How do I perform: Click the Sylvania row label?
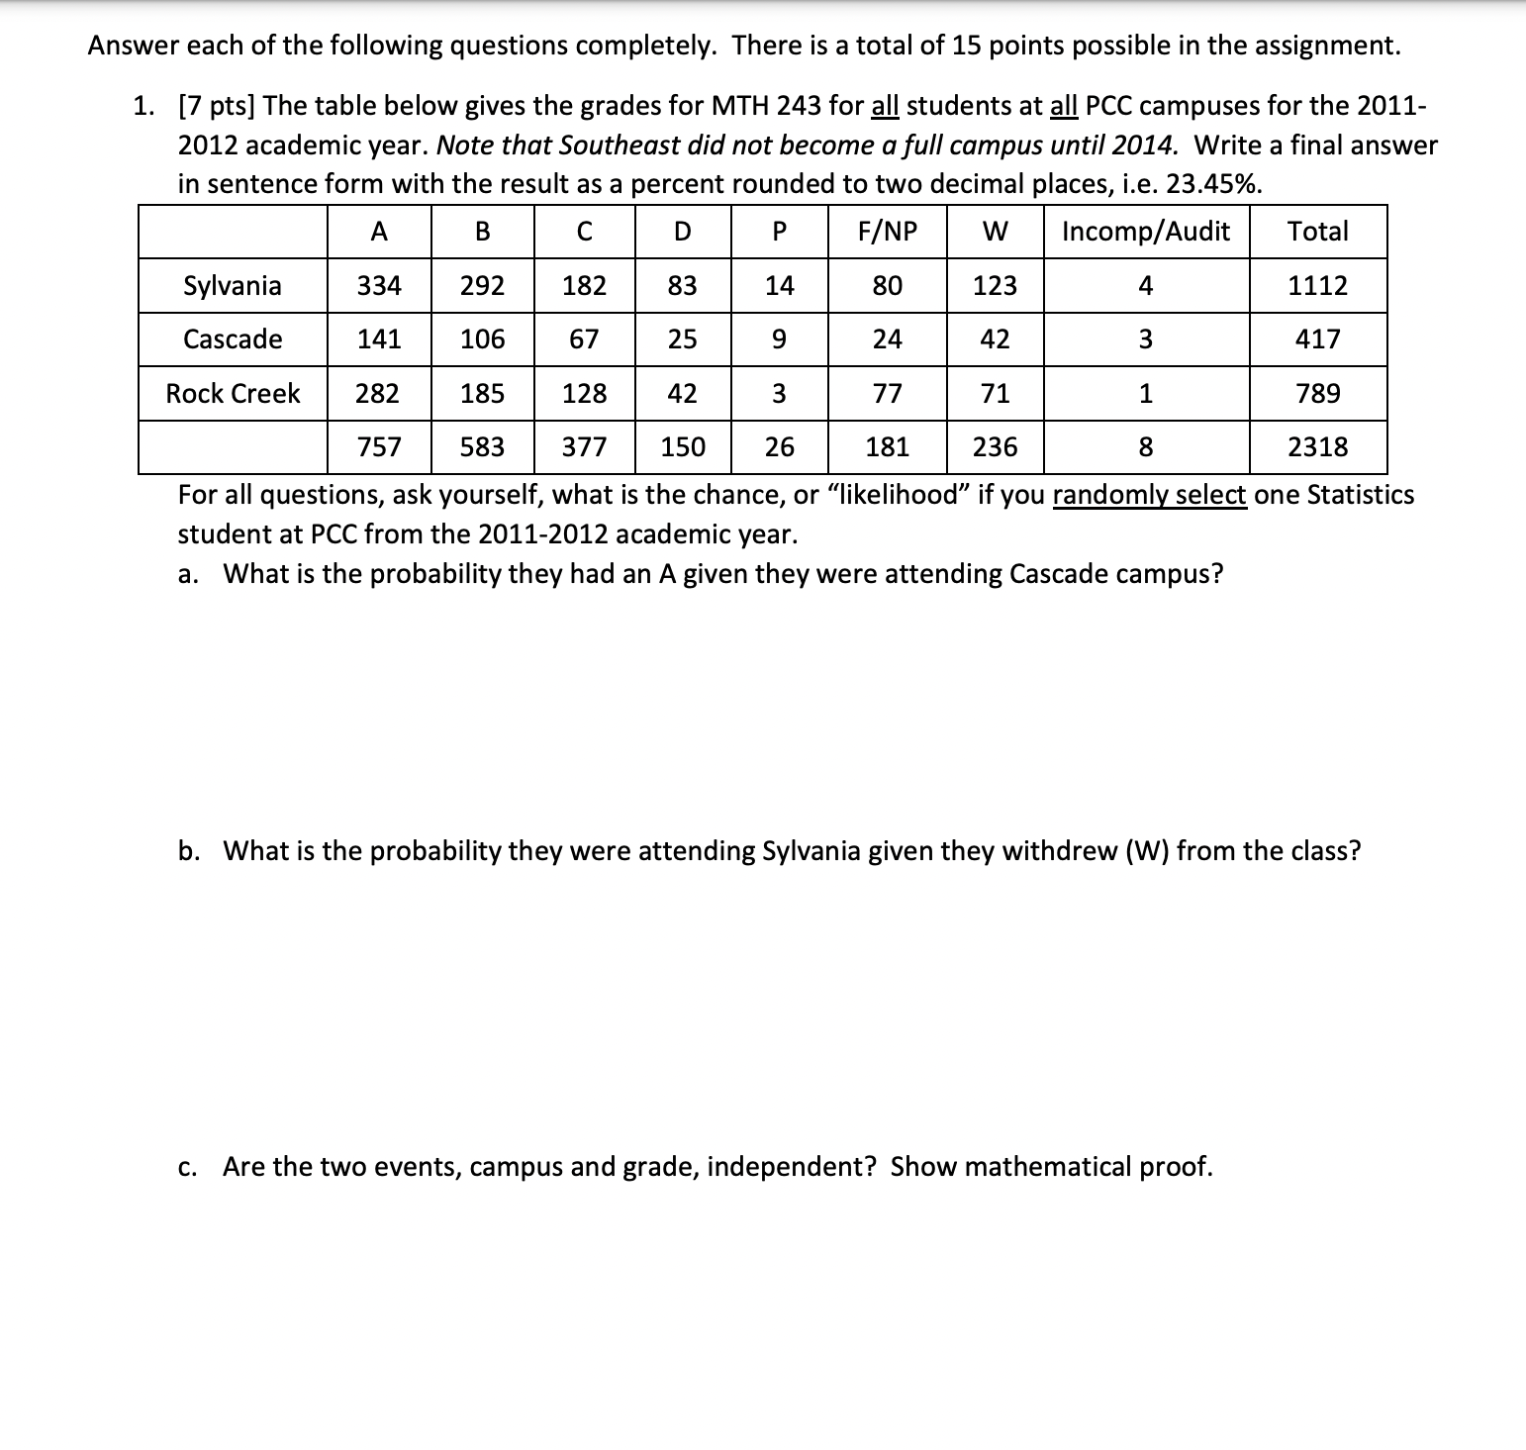233,286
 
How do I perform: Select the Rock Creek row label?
233,394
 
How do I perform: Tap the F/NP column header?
887,232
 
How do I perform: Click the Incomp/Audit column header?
1145,232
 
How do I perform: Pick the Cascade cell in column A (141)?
379,339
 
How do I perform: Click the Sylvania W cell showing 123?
995,286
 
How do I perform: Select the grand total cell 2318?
1317,447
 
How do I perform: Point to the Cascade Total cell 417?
1317,339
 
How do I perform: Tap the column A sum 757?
379,447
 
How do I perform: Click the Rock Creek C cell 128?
584,394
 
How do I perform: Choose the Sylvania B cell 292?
482,286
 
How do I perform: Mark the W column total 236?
995,447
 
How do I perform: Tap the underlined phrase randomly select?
1149,495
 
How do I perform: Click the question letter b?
186,851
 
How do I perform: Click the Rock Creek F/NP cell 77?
887,394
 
